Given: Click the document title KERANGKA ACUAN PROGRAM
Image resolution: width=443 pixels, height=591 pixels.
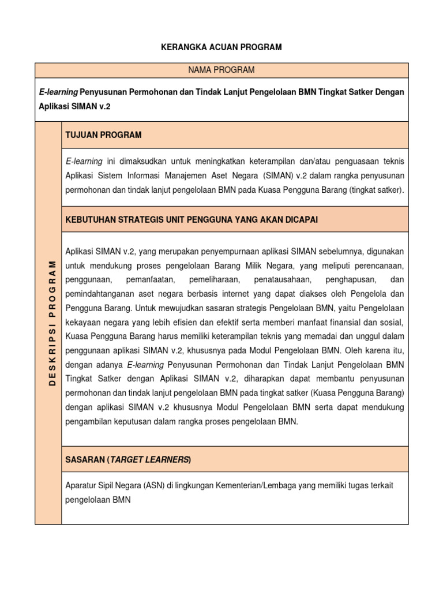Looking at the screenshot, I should point(221,47).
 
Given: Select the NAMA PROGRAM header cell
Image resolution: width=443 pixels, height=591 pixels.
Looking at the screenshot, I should point(221,70).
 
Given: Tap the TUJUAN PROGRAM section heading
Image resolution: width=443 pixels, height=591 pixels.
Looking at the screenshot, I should point(103,135).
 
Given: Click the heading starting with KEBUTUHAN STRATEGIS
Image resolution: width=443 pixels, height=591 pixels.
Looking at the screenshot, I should point(192,219).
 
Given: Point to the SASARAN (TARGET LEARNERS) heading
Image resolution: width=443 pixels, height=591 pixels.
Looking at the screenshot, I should point(128,459).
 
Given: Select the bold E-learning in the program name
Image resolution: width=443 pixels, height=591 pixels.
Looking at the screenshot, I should point(58,92).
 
